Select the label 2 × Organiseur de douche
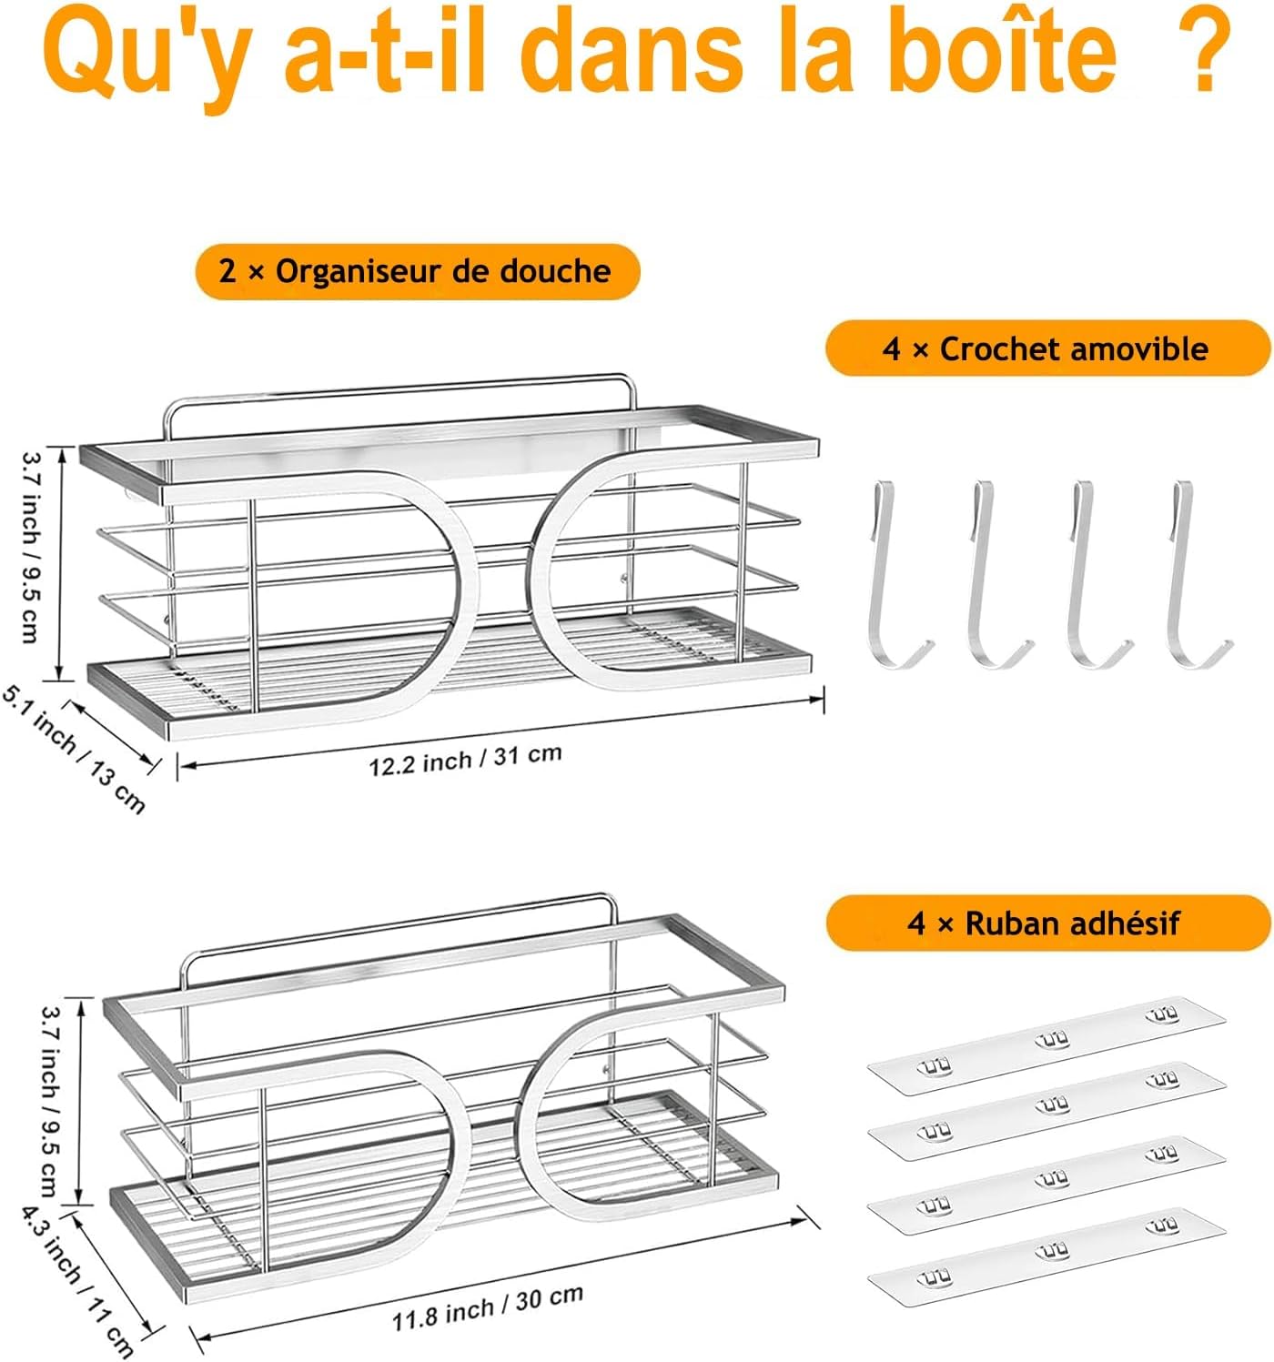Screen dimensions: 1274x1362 point(417,271)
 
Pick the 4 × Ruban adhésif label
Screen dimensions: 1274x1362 point(1047,923)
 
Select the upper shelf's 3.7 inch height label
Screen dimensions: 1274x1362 point(31,547)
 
